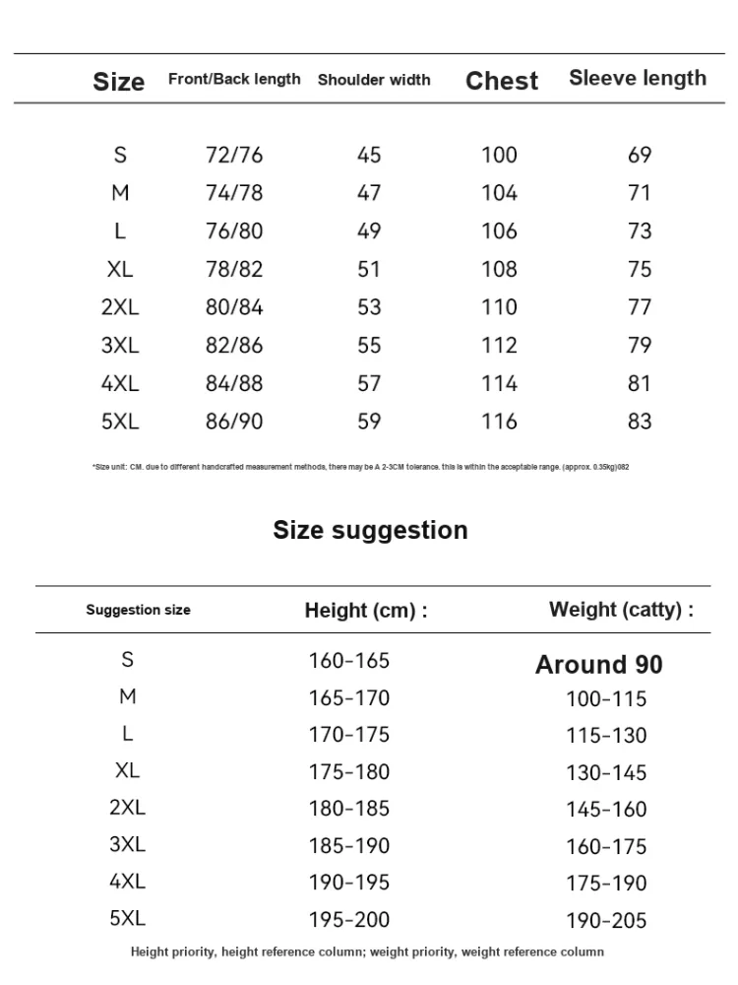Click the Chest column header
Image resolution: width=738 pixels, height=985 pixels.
[502, 81]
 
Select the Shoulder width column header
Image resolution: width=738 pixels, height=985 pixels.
[374, 80]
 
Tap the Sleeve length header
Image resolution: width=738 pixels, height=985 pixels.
[638, 79]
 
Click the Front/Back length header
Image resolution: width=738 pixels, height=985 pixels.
[234, 79]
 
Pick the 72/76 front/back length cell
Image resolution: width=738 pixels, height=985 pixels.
[234, 155]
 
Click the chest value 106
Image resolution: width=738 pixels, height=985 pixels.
[499, 230]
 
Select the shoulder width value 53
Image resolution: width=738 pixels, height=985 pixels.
[369, 306]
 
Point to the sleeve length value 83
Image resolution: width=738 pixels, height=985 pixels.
[640, 422]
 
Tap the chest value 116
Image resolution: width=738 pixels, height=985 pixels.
[499, 422]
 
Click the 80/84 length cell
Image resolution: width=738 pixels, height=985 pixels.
[234, 306]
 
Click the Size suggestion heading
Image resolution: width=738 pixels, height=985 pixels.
[370, 530]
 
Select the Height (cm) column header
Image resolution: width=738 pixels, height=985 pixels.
[366, 611]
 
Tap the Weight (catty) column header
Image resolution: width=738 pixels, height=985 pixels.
[621, 610]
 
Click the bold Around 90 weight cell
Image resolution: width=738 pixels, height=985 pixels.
[598, 665]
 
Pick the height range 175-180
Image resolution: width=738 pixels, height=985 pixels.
[349, 772]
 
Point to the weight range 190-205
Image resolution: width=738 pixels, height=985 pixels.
[606, 921]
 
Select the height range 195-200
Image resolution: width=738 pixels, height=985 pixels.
[349, 920]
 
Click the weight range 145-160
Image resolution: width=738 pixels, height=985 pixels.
[606, 810]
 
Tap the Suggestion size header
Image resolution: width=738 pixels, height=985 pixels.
[138, 610]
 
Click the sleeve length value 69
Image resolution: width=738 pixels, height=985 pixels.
[640, 155]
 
